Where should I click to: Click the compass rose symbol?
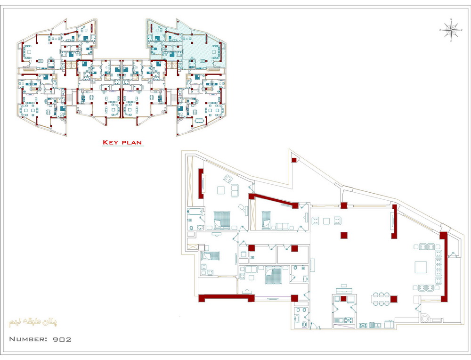pos(451,30)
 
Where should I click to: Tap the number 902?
pos(62,340)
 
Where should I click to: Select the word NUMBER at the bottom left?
pos(28,339)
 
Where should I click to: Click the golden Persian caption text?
pos(33,322)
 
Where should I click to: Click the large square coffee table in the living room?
pos(421,267)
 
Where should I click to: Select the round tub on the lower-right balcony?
pos(425,318)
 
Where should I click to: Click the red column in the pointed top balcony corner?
pos(294,160)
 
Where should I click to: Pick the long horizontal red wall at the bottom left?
pos(226,298)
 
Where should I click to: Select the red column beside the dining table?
pos(393,299)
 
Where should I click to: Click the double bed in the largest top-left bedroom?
pos(222,220)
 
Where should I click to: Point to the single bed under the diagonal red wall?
pos(266,220)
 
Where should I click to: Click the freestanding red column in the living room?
pos(344,235)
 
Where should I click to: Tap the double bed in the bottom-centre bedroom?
pos(273,276)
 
